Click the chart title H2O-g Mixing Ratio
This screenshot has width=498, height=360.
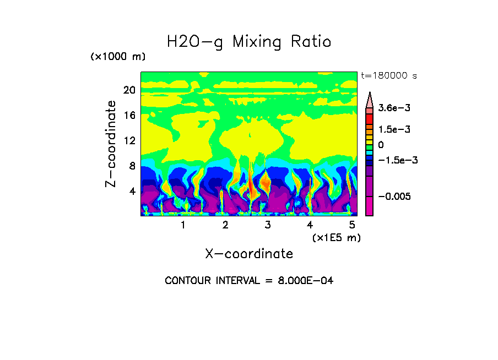point(249,42)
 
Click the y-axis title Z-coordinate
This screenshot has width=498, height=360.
point(111,144)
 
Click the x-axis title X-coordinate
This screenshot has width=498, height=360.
point(249,254)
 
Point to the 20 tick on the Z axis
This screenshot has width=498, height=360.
point(129,90)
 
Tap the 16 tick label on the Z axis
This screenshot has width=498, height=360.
point(129,116)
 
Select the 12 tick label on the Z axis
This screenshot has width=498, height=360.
point(129,141)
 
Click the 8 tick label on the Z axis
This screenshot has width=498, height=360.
point(132,166)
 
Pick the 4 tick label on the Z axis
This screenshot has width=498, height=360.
point(132,192)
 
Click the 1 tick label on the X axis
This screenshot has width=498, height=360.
point(183,225)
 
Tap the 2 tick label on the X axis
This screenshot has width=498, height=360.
point(225,225)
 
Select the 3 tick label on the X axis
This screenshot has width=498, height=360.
point(268,225)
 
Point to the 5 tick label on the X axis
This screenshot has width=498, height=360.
point(352,225)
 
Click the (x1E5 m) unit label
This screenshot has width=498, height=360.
point(336,237)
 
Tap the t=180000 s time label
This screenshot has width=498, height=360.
point(388,75)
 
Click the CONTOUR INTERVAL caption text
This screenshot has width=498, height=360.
point(249,281)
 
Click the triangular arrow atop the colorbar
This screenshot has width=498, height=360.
point(370,100)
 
